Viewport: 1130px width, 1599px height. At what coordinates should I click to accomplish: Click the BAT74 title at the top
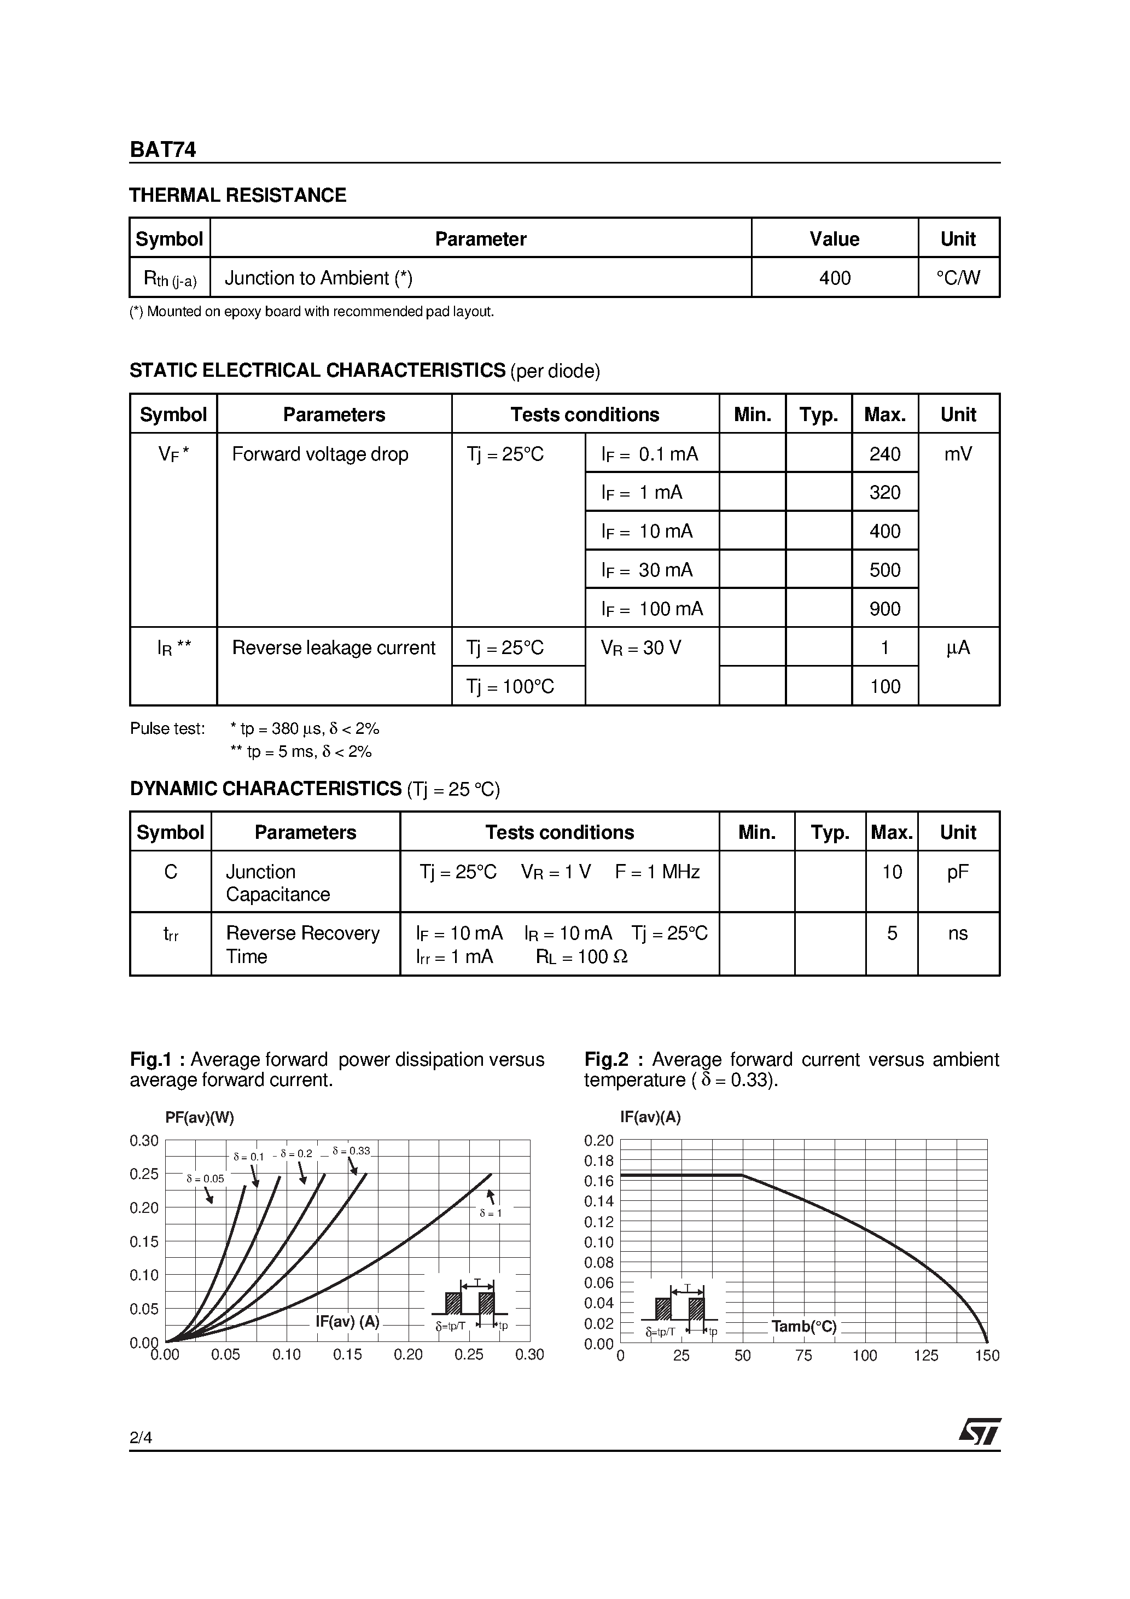coord(162,150)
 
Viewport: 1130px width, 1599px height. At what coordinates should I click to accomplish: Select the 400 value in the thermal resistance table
coord(835,278)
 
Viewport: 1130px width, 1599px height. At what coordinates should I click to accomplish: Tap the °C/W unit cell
coord(958,278)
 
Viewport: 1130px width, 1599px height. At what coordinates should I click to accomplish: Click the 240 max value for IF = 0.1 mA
coord(885,454)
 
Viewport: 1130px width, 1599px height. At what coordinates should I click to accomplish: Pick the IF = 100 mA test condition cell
coord(652,609)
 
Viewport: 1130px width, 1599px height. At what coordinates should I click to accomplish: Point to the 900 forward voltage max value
coord(885,609)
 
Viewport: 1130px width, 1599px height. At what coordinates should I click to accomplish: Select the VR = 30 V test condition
coord(641,647)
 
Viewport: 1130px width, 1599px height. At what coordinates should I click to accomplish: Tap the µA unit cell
coord(958,647)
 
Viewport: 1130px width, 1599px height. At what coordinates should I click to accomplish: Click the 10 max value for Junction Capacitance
coord(892,872)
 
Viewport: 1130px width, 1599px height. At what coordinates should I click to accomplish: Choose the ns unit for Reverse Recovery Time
coord(958,933)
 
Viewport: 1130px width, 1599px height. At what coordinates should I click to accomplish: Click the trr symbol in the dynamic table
coord(171,934)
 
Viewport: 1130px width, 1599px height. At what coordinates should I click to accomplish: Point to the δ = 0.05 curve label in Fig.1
coord(205,1179)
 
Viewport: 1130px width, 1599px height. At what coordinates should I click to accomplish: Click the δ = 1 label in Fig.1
coord(491,1213)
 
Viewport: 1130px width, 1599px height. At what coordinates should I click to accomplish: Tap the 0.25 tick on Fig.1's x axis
coord(469,1355)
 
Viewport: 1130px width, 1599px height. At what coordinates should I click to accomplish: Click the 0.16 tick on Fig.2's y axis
coord(598,1181)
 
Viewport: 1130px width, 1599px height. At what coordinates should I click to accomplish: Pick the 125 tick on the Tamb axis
coord(926,1355)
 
